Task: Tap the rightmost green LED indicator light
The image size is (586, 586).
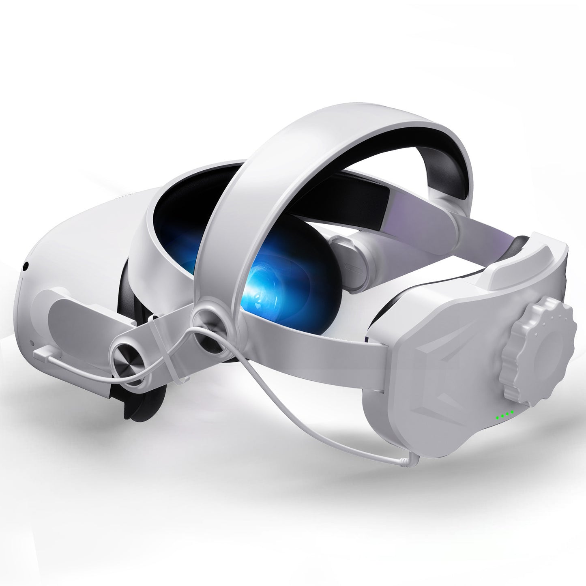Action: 512,412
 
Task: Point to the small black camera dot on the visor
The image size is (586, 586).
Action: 26,266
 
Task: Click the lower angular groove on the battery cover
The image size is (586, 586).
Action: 462,385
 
